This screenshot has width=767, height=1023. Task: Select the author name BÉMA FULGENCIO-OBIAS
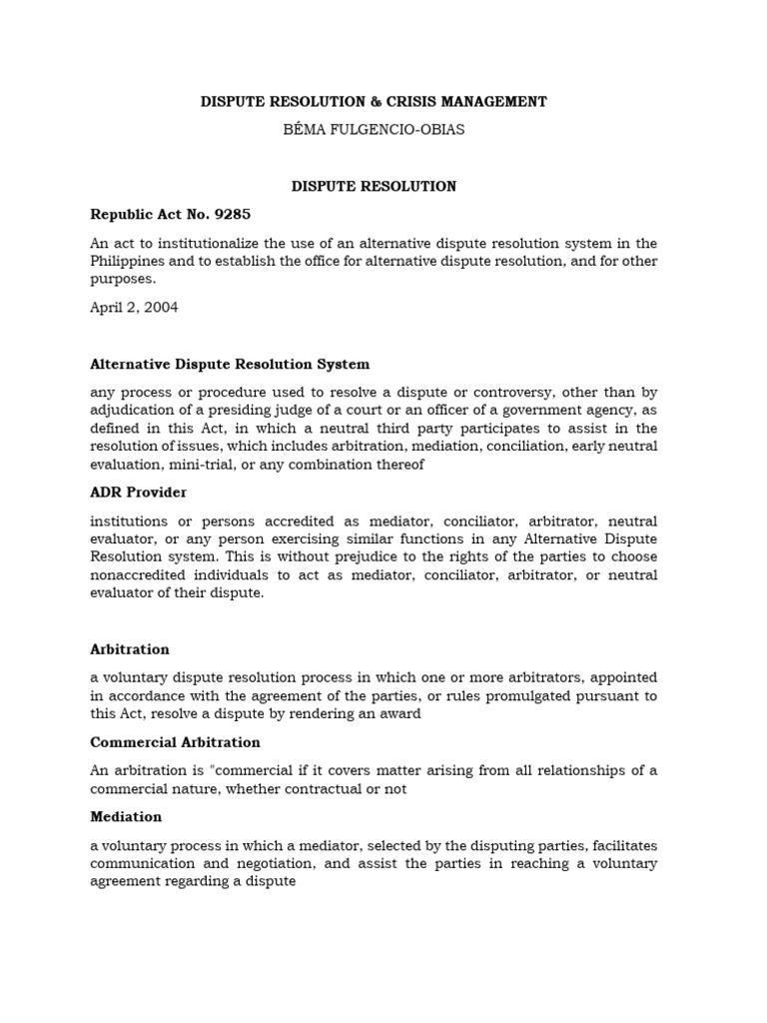[374, 130]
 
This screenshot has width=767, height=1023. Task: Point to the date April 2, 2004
[134, 308]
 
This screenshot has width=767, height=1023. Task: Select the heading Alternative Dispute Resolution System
[230, 365]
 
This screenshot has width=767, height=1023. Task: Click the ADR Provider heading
[138, 493]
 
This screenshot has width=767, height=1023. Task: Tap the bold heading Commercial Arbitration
[175, 742]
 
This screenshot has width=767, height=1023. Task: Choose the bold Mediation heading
[126, 816]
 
